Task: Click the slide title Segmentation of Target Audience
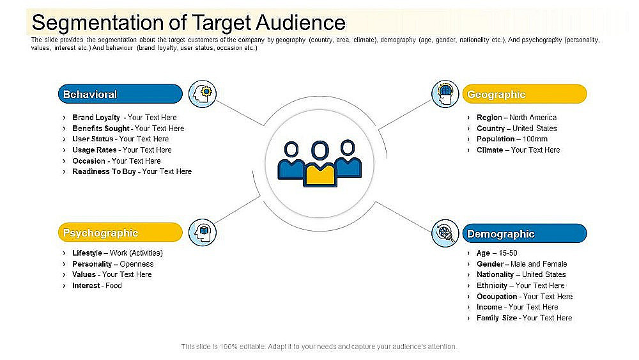pos(189,22)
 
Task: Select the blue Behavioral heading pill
pos(120,94)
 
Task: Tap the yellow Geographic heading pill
pos(524,94)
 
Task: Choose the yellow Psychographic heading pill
pos(120,233)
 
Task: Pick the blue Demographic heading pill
pos(524,234)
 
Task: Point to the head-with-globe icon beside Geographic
pos(445,93)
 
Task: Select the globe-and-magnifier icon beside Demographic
pos(445,233)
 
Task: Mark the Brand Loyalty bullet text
pos(125,118)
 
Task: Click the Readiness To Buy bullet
pos(132,171)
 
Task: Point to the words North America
pos(533,118)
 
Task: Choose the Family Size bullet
pos(524,318)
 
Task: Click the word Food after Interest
pos(114,285)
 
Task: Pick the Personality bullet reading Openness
pos(113,263)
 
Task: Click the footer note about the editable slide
pos(319,347)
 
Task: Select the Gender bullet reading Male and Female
pos(521,263)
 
